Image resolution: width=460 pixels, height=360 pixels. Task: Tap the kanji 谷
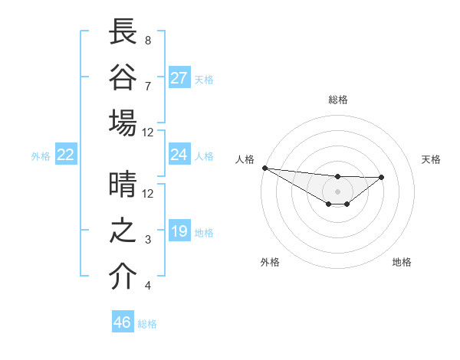[x=123, y=77]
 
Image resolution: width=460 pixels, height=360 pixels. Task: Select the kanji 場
[x=123, y=123]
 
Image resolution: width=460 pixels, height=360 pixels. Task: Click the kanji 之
[x=123, y=231]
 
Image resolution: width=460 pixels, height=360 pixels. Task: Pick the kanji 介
[x=123, y=277]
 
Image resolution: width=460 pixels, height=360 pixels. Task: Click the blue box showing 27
[x=179, y=78]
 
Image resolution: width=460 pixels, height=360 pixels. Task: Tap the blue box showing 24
[x=179, y=155]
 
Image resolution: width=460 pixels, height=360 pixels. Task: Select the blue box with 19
[x=179, y=231]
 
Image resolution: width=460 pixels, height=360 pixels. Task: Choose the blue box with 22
[x=66, y=155]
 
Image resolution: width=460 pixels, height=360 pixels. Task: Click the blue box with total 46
[x=123, y=322]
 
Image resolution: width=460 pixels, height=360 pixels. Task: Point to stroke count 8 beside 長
[x=148, y=40]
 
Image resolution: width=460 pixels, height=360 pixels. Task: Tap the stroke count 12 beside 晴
[x=148, y=193]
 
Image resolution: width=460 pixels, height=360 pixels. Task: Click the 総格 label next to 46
[x=147, y=324]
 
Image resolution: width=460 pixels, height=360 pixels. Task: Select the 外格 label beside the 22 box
[x=41, y=156]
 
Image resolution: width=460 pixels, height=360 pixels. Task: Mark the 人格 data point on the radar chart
[x=264, y=168]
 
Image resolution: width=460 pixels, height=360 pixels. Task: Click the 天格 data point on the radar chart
[x=382, y=178]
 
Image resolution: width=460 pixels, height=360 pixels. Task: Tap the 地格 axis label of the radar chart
[x=402, y=262]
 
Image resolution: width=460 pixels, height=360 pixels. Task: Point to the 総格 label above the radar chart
[x=337, y=100]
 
